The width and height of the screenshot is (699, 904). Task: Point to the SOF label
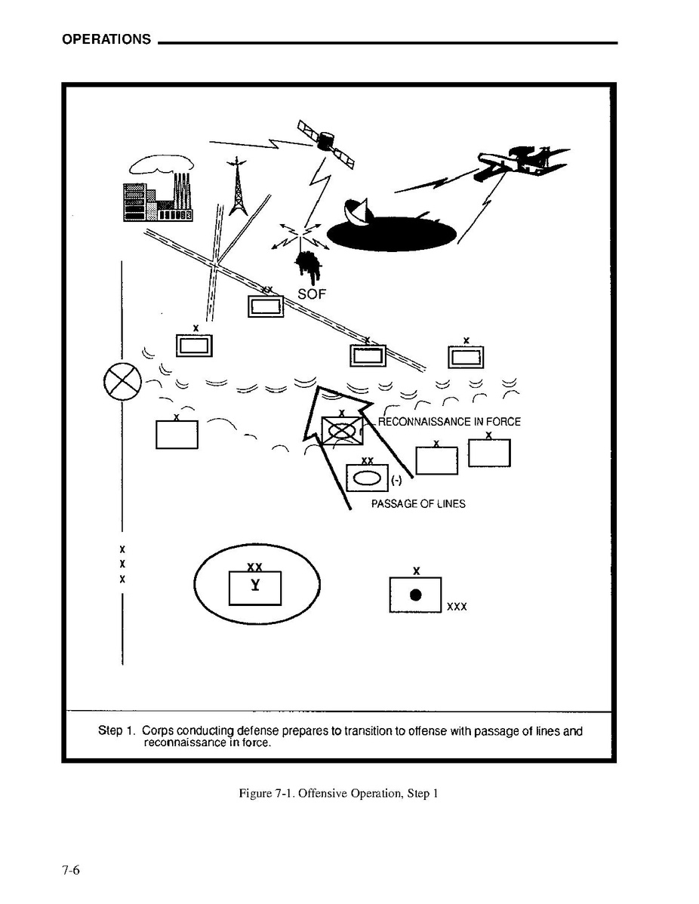311,294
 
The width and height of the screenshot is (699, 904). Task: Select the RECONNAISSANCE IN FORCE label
448,422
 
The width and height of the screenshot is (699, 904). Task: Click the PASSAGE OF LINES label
418,504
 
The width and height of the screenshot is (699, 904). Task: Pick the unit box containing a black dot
415,595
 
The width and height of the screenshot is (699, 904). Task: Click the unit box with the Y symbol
255,588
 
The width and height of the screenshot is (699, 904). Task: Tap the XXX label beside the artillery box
457,606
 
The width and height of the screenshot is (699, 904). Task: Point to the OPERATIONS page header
106,39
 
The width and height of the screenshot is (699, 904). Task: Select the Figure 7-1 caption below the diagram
338,793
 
